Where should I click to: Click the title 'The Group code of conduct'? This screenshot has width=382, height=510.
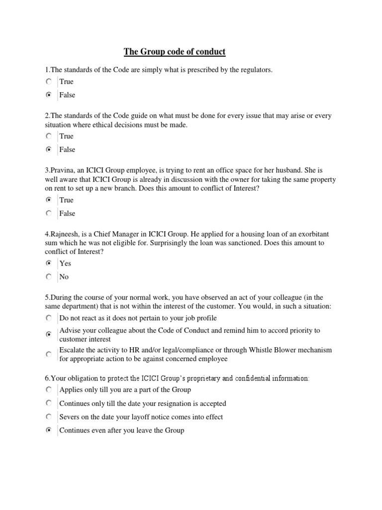[x=175, y=52]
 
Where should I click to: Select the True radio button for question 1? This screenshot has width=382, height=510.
[x=48, y=81]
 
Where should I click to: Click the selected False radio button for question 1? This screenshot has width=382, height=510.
[x=48, y=95]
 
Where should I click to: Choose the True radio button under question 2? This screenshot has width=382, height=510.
[x=48, y=136]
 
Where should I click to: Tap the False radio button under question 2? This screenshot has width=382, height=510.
[x=48, y=149]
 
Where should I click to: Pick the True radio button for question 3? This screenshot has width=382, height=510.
[x=48, y=200]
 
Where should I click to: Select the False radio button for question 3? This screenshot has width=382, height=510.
[x=48, y=213]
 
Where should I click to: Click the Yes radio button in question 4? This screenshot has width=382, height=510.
[x=48, y=263]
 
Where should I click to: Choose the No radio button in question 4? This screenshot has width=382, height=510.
[x=48, y=276]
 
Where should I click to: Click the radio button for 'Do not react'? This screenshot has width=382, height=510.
[x=48, y=317]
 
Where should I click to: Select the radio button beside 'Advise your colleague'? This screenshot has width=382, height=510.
[x=48, y=335]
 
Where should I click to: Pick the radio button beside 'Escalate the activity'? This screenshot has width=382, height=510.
[x=48, y=354]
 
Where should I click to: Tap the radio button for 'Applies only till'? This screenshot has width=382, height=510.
[x=48, y=389]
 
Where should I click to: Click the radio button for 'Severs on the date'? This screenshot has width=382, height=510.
[x=48, y=416]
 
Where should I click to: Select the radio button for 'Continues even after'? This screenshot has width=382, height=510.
[x=48, y=430]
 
